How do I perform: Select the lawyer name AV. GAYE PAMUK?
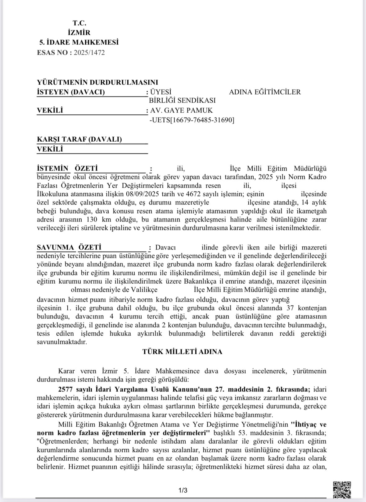(181, 110)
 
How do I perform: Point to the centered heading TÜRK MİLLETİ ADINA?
(183, 352)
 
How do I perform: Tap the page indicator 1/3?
(183, 491)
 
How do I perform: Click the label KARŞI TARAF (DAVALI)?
(79, 139)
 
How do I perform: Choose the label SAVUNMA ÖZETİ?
(69, 248)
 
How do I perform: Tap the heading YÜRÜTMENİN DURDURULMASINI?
(97, 82)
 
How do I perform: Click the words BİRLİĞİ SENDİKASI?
(182, 101)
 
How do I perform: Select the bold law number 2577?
(66, 390)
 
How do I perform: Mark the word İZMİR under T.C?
(79, 33)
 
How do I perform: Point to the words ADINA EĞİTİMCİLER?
(265, 92)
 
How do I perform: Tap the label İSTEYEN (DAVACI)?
(71, 92)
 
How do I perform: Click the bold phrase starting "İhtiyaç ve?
(309, 424)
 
